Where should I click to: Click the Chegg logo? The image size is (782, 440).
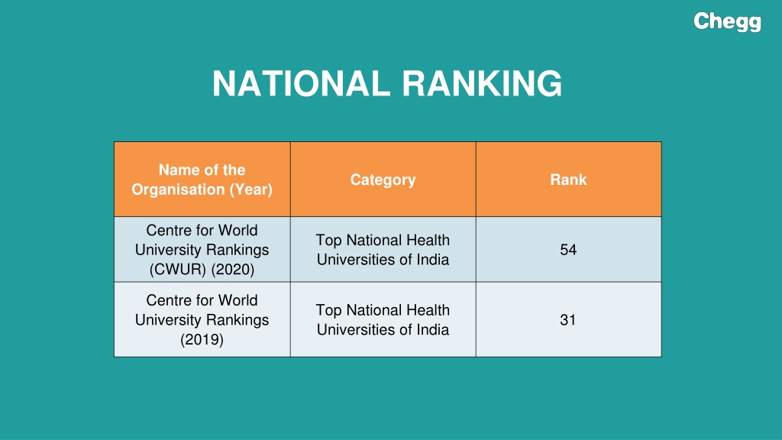tap(729, 22)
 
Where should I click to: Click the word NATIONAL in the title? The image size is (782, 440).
tap(301, 83)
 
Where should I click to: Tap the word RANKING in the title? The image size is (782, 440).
tap(483, 83)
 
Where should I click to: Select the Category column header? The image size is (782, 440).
tap(383, 180)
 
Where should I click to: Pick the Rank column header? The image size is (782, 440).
tap(568, 180)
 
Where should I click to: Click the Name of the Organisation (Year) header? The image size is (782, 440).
tap(202, 180)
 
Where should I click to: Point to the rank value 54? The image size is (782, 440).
tap(568, 250)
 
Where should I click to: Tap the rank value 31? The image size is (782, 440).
tap(568, 320)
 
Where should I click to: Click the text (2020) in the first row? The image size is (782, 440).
tap(233, 270)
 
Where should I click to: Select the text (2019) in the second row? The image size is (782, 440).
tap(202, 340)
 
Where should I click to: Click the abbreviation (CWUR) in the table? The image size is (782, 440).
tap(177, 270)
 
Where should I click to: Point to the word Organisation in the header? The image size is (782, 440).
tap(178, 189)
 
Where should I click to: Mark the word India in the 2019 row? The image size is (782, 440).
tap(434, 330)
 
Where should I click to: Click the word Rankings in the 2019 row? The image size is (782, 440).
tap(238, 320)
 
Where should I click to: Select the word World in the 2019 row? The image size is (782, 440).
tap(238, 300)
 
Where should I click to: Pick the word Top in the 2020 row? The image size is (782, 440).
tap(328, 240)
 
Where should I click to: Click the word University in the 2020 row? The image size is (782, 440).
tap(169, 250)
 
